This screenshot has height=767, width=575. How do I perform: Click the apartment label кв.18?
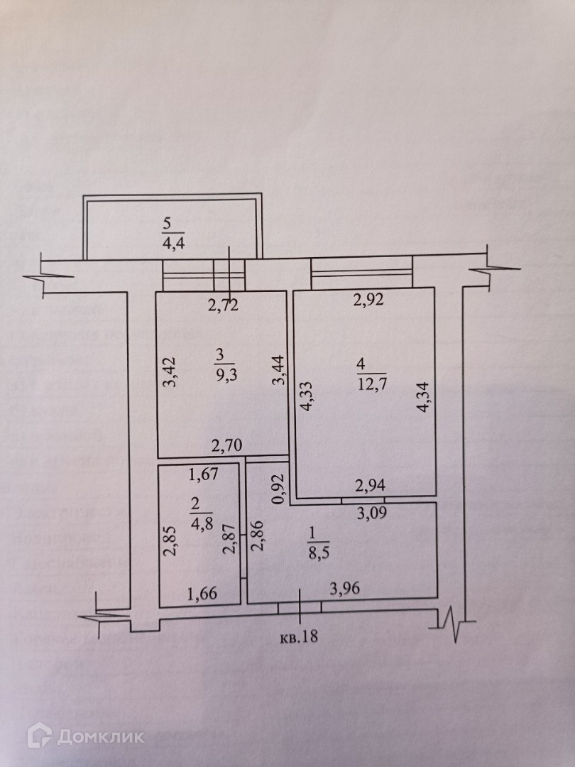click(x=297, y=636)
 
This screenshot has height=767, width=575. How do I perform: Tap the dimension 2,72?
click(x=223, y=307)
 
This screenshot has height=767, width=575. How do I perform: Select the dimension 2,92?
click(x=368, y=300)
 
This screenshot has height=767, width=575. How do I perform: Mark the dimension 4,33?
click(x=307, y=397)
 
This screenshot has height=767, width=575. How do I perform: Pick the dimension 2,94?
click(x=369, y=486)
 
